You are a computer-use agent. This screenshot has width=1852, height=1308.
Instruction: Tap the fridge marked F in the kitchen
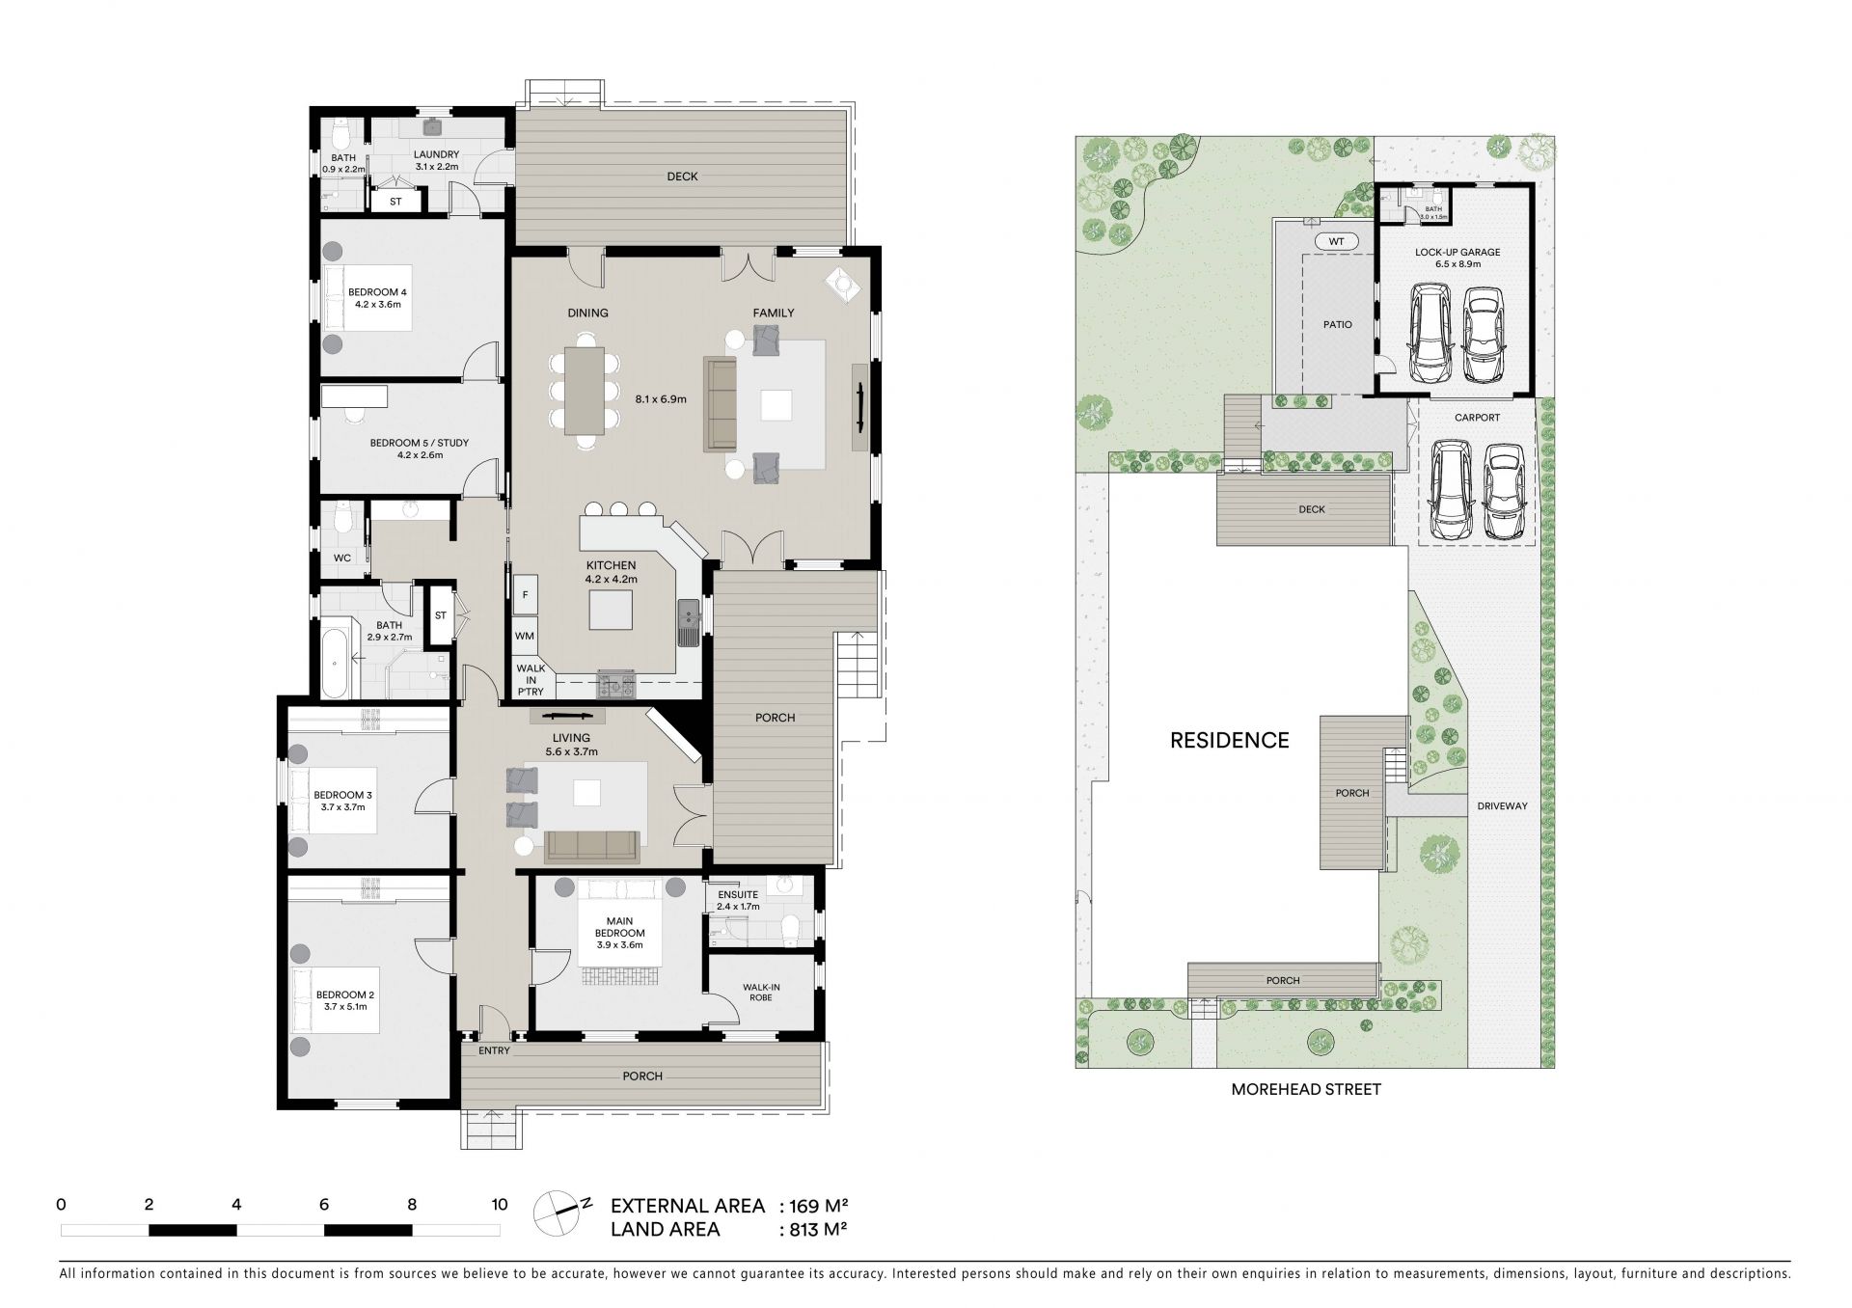[526, 595]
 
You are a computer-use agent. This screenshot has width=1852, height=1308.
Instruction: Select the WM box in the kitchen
[525, 636]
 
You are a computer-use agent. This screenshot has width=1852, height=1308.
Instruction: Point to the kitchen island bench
[612, 609]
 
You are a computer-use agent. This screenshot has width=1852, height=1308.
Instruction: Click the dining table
[585, 390]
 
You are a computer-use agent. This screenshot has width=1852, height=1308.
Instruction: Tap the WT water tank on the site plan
[1336, 241]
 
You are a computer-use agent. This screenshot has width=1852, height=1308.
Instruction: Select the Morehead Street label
[1306, 1089]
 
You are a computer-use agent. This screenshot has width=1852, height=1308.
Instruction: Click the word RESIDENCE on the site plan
[1229, 740]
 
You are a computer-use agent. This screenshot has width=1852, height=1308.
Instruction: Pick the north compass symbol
[559, 1210]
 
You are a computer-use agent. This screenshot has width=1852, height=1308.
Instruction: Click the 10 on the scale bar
[499, 1204]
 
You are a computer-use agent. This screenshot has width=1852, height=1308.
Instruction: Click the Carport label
[1477, 418]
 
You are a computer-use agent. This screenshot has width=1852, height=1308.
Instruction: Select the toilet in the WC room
[341, 520]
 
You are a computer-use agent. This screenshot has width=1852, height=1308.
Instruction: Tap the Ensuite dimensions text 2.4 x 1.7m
[738, 906]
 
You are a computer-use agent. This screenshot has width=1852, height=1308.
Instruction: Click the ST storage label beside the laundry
[395, 202]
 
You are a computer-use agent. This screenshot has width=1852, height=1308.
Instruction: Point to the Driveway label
[1502, 805]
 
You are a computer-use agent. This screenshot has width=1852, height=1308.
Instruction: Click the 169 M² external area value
[819, 1206]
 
